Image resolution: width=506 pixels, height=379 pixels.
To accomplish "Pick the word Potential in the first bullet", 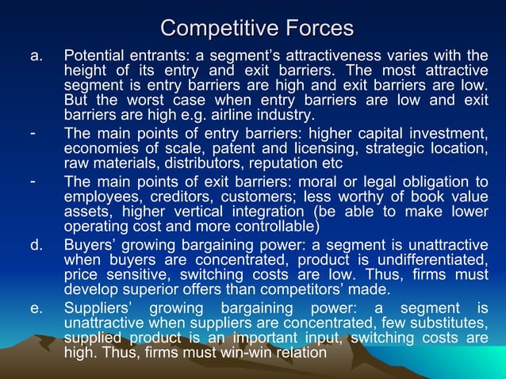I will tap(92, 56).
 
